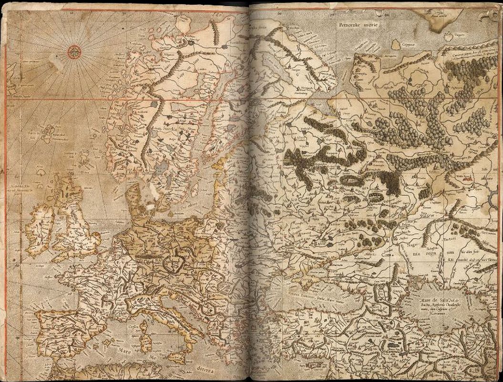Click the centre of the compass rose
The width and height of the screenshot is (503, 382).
74,51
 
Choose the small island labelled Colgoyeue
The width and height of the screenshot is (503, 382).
396,44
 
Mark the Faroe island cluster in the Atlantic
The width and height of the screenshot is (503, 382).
48,131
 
